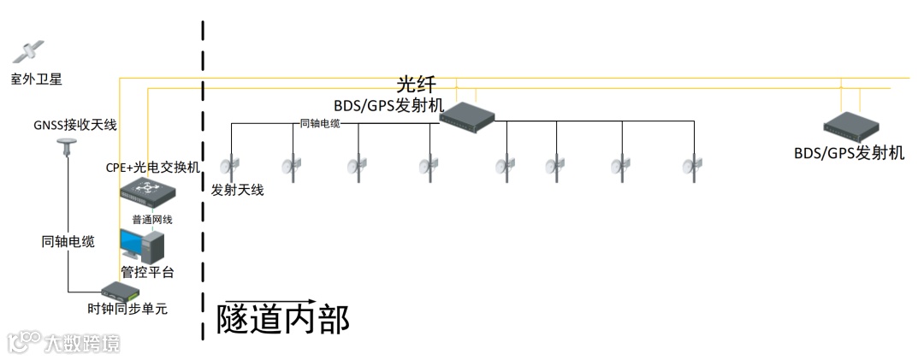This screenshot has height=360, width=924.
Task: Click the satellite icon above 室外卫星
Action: pyautogui.click(x=27, y=52)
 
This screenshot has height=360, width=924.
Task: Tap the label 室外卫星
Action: pyautogui.click(x=37, y=80)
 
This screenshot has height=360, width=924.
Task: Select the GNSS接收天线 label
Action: pyautogui.click(x=75, y=126)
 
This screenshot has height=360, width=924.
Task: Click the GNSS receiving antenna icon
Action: pyautogui.click(x=67, y=149)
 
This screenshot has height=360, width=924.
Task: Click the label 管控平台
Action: pyautogui.click(x=147, y=272)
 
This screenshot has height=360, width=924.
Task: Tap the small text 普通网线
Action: pyautogui.click(x=152, y=219)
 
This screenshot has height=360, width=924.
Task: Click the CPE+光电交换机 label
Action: pyautogui.click(x=152, y=168)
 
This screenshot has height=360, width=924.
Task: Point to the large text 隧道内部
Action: pyautogui.click(x=283, y=319)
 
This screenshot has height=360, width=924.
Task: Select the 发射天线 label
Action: pyautogui.click(x=238, y=190)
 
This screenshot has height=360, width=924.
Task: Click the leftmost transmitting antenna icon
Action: pyautogui.click(x=229, y=164)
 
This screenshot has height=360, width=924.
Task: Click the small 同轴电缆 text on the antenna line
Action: pyautogui.click(x=320, y=124)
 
